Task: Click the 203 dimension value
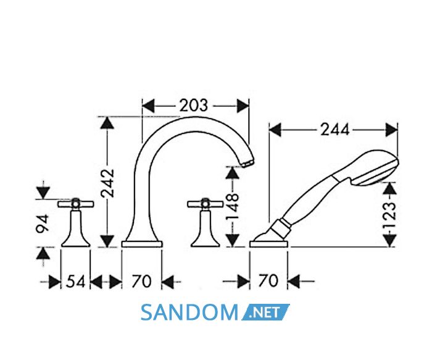(193, 106)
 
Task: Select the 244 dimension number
(334, 130)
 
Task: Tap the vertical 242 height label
(107, 183)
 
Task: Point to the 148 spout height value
(232, 206)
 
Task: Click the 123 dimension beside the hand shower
(389, 214)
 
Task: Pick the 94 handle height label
(43, 224)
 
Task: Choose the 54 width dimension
(75, 282)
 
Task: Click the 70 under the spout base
(141, 282)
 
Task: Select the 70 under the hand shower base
(268, 281)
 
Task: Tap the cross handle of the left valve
(76, 204)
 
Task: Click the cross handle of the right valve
(205, 204)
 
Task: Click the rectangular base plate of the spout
(142, 244)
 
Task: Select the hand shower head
(375, 167)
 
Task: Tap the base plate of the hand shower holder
(268, 244)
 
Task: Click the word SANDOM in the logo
(189, 312)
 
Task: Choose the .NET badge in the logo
(265, 312)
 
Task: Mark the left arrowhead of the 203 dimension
(148, 106)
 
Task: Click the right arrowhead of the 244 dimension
(391, 130)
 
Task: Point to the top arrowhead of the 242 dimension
(107, 122)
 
